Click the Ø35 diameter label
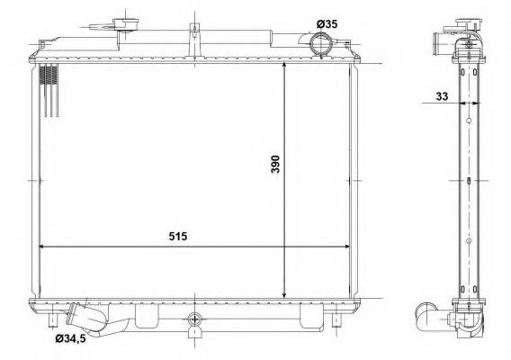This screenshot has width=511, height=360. click(x=327, y=24)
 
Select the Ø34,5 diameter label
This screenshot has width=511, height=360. click(x=70, y=338)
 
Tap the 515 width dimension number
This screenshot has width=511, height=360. click(x=178, y=236)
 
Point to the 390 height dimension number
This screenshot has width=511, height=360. click(x=275, y=164)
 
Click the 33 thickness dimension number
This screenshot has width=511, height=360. click(x=442, y=96)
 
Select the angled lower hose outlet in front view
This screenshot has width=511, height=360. click(x=85, y=318)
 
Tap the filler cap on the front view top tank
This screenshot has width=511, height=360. click(x=125, y=24)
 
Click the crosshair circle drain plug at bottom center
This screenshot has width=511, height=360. click(x=194, y=319)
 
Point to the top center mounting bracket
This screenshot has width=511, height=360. click(x=194, y=40)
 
